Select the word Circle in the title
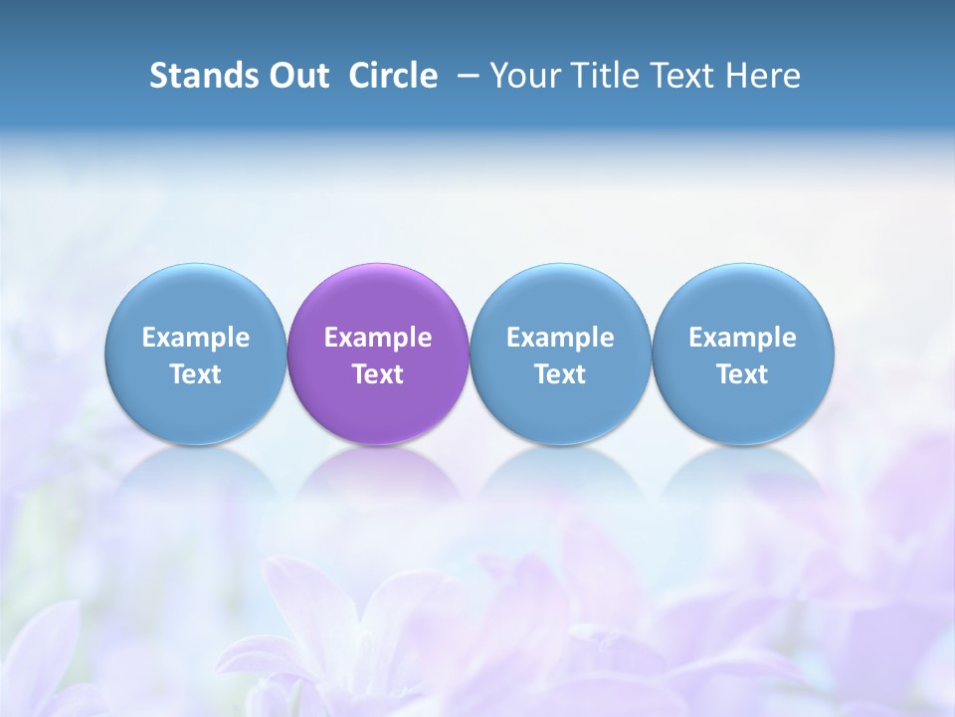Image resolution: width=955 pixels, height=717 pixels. (393, 76)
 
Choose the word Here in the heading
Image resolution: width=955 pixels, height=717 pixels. (762, 76)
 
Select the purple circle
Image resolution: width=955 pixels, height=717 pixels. (378, 299)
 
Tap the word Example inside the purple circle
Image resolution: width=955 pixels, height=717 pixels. (378, 338)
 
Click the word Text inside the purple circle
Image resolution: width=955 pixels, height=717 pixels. (378, 374)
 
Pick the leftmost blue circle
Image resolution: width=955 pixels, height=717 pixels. (196, 299)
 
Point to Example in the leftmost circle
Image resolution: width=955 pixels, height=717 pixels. (196, 338)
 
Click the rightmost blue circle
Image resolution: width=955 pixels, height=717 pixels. (743, 299)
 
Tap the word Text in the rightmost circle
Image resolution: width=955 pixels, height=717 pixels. (743, 374)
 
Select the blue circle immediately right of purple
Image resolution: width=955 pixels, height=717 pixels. (560, 299)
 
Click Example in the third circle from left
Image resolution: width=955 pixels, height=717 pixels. (560, 338)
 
